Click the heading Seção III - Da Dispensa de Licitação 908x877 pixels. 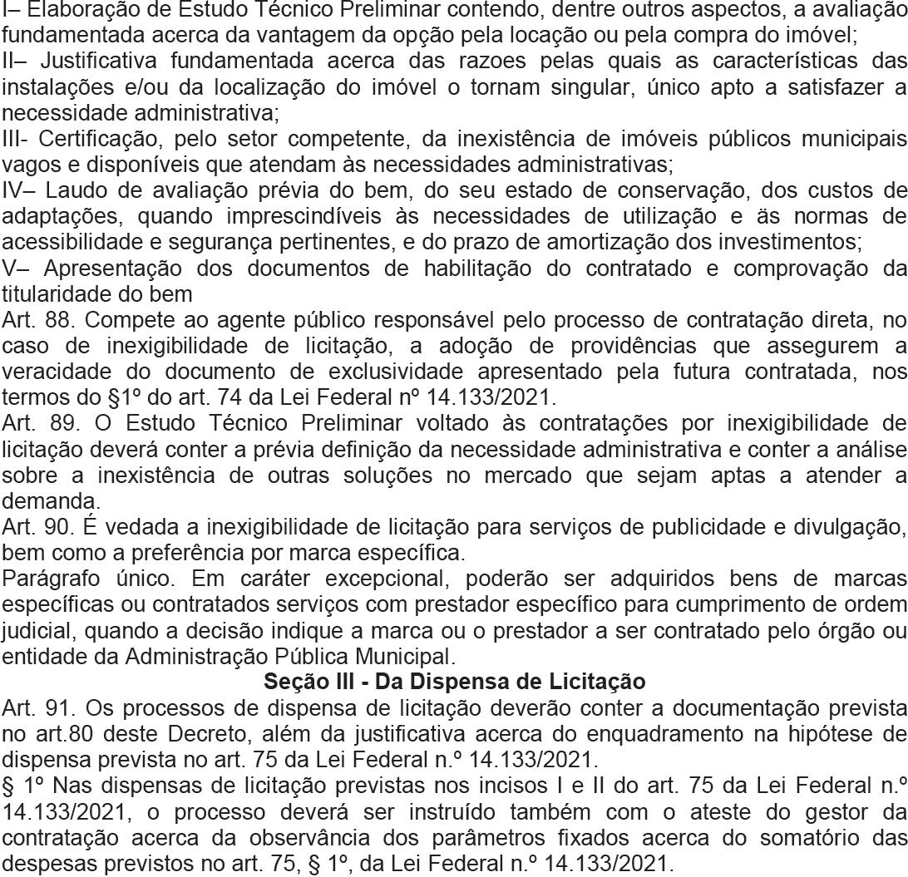[454, 682]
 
